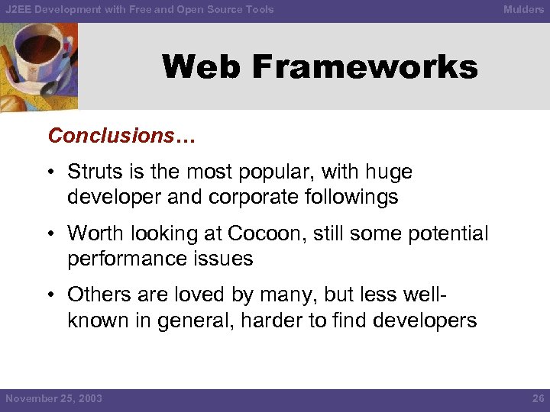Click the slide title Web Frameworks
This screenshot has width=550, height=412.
(319, 67)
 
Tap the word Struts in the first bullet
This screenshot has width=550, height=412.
(92, 172)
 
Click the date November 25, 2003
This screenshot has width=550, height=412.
(53, 399)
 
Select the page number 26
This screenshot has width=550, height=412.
(537, 399)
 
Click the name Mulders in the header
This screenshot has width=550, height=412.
(523, 10)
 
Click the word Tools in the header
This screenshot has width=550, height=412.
(259, 10)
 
